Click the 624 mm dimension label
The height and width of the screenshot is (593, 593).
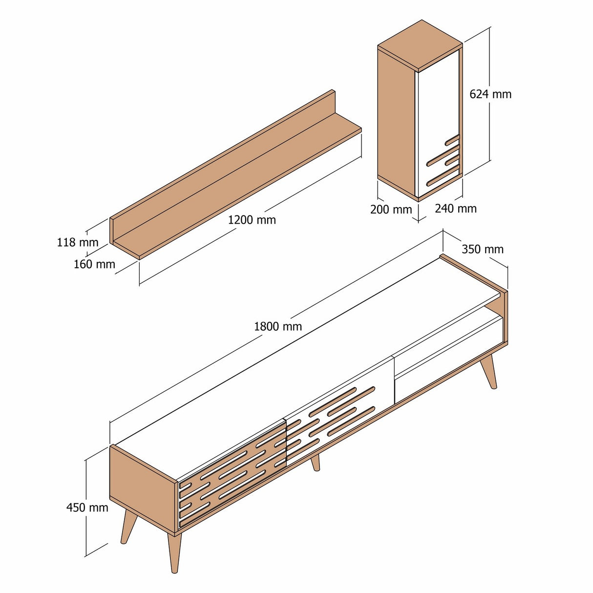point(490,94)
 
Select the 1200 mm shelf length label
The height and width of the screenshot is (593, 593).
point(252,220)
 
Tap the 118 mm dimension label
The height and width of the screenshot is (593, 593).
point(77,242)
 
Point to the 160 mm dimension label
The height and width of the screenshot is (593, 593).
point(94,264)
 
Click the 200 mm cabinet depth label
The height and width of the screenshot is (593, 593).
point(391,210)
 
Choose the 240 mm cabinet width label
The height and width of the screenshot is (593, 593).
point(455,209)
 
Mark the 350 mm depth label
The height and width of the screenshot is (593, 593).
point(482,249)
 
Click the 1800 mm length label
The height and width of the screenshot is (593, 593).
point(277,326)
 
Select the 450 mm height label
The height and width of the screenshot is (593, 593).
point(87,508)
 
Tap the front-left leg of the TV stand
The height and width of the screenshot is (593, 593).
point(174,552)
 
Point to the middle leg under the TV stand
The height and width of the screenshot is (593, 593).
point(316,462)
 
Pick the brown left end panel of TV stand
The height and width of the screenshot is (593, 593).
point(142,488)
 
